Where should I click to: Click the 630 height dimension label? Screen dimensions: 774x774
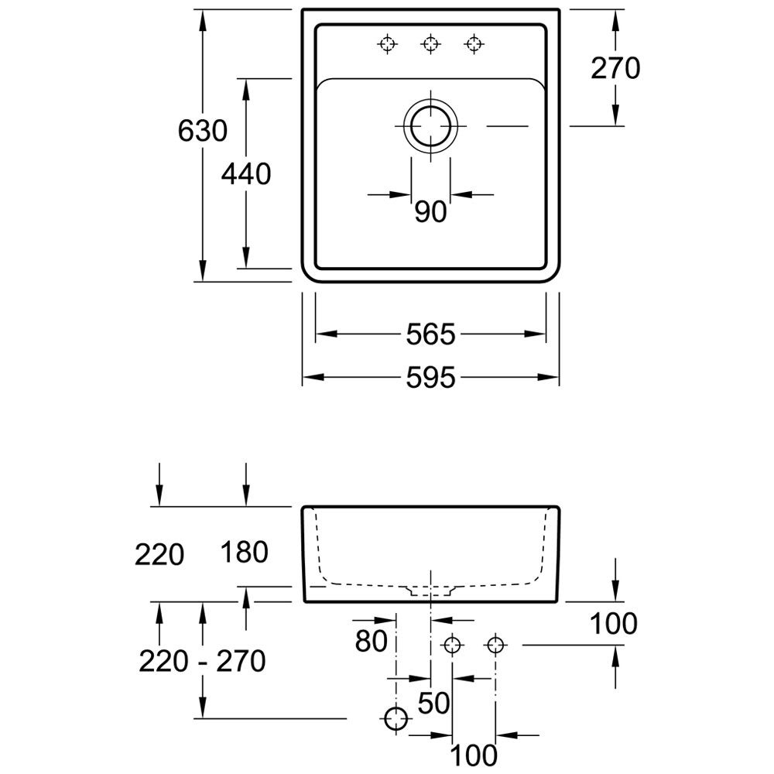coord(203,132)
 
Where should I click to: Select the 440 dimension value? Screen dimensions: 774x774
coord(246,175)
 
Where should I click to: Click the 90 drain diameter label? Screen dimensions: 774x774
coord(430,211)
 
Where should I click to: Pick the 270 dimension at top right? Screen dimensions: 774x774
coord(615,69)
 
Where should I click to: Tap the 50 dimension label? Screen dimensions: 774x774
coord(434,703)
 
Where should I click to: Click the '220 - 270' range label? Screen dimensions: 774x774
coord(203,661)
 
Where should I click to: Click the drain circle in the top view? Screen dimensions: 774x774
coord(430,125)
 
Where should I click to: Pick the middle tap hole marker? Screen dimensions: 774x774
coord(430,44)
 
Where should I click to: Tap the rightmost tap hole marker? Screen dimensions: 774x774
coord(473,44)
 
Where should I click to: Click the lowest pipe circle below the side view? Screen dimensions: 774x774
coord(397,719)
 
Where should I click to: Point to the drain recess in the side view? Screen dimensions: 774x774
coord(430,591)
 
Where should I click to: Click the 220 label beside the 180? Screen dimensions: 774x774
coord(159,554)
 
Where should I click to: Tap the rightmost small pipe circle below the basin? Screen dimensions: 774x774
coord(495,644)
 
